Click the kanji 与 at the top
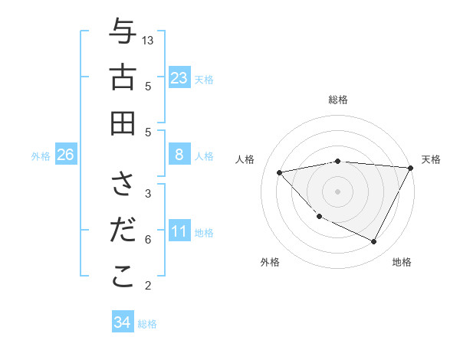(123, 31)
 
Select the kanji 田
(123, 123)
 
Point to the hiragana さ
(123, 185)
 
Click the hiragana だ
(123, 230)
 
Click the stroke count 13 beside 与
(148, 40)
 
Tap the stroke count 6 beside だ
(148, 240)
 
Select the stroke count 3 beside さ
(148, 193)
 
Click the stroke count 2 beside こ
(148, 286)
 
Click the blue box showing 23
(179, 77)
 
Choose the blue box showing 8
(179, 155)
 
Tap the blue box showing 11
(179, 231)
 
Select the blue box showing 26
(65, 155)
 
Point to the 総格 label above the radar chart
(338, 100)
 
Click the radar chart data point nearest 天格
(411, 168)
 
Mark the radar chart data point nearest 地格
(373, 242)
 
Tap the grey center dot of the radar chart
(337, 191)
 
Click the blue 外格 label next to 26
(41, 156)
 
